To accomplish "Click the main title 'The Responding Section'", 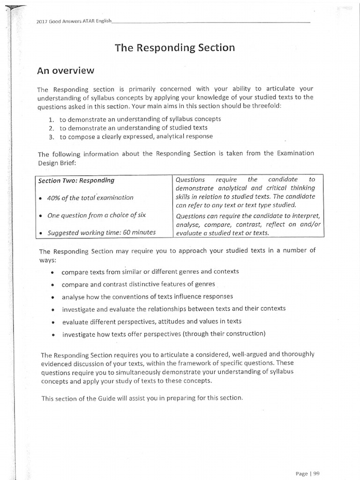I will (174, 47).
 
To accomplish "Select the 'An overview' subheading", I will (66, 71).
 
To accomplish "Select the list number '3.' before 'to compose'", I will (52, 136).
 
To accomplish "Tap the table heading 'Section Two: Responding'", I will (76, 180).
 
